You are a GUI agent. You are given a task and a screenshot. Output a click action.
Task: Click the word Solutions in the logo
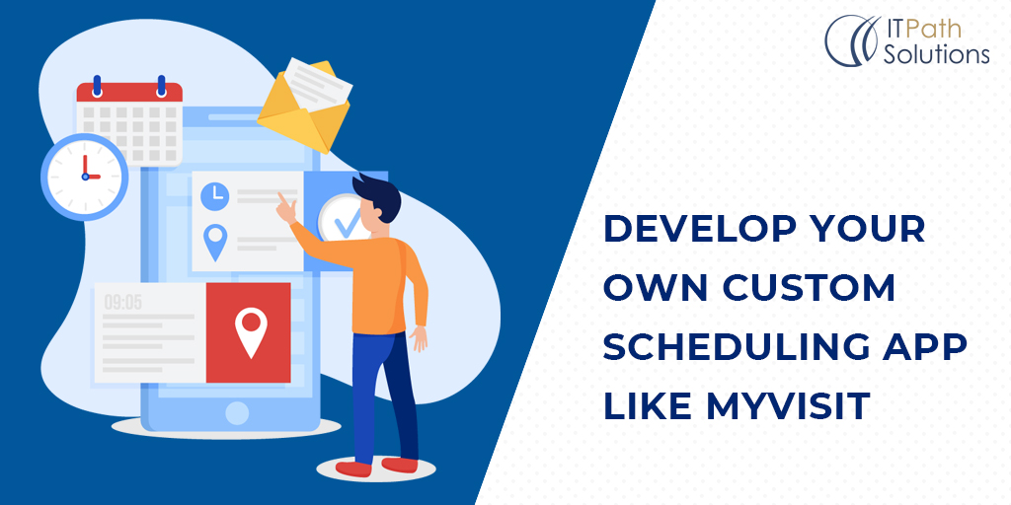pyautogui.click(x=936, y=54)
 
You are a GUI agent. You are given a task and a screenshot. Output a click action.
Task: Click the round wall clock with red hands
pyautogui.click(x=85, y=177)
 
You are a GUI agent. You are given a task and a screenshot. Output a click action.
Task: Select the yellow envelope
pyautogui.click(x=304, y=107)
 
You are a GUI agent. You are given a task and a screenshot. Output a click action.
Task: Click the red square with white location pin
pyautogui.click(x=248, y=332)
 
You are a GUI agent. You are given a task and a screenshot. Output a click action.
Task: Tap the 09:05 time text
pyautogui.click(x=123, y=303)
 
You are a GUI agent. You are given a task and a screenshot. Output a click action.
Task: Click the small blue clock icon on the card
pyautogui.click(x=214, y=196)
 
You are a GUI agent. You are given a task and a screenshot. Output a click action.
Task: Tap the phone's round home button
pyautogui.click(x=237, y=413)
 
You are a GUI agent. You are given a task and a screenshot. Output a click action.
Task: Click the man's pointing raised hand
pyautogui.click(x=285, y=207)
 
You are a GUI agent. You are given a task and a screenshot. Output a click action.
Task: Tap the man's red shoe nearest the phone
pyautogui.click(x=353, y=469)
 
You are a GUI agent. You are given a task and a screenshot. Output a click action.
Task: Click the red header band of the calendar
pyautogui.click(x=129, y=92)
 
